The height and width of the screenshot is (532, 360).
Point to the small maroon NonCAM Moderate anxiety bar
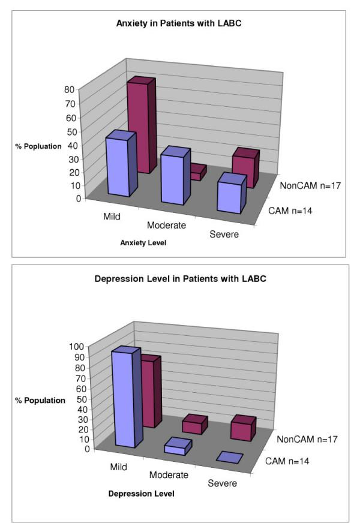pos(196,173)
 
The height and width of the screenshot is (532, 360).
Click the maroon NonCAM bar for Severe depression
pos(242,428)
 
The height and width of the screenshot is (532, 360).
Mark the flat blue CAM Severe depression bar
pos(229,458)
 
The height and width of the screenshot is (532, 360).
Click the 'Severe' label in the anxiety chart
pos(224,235)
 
